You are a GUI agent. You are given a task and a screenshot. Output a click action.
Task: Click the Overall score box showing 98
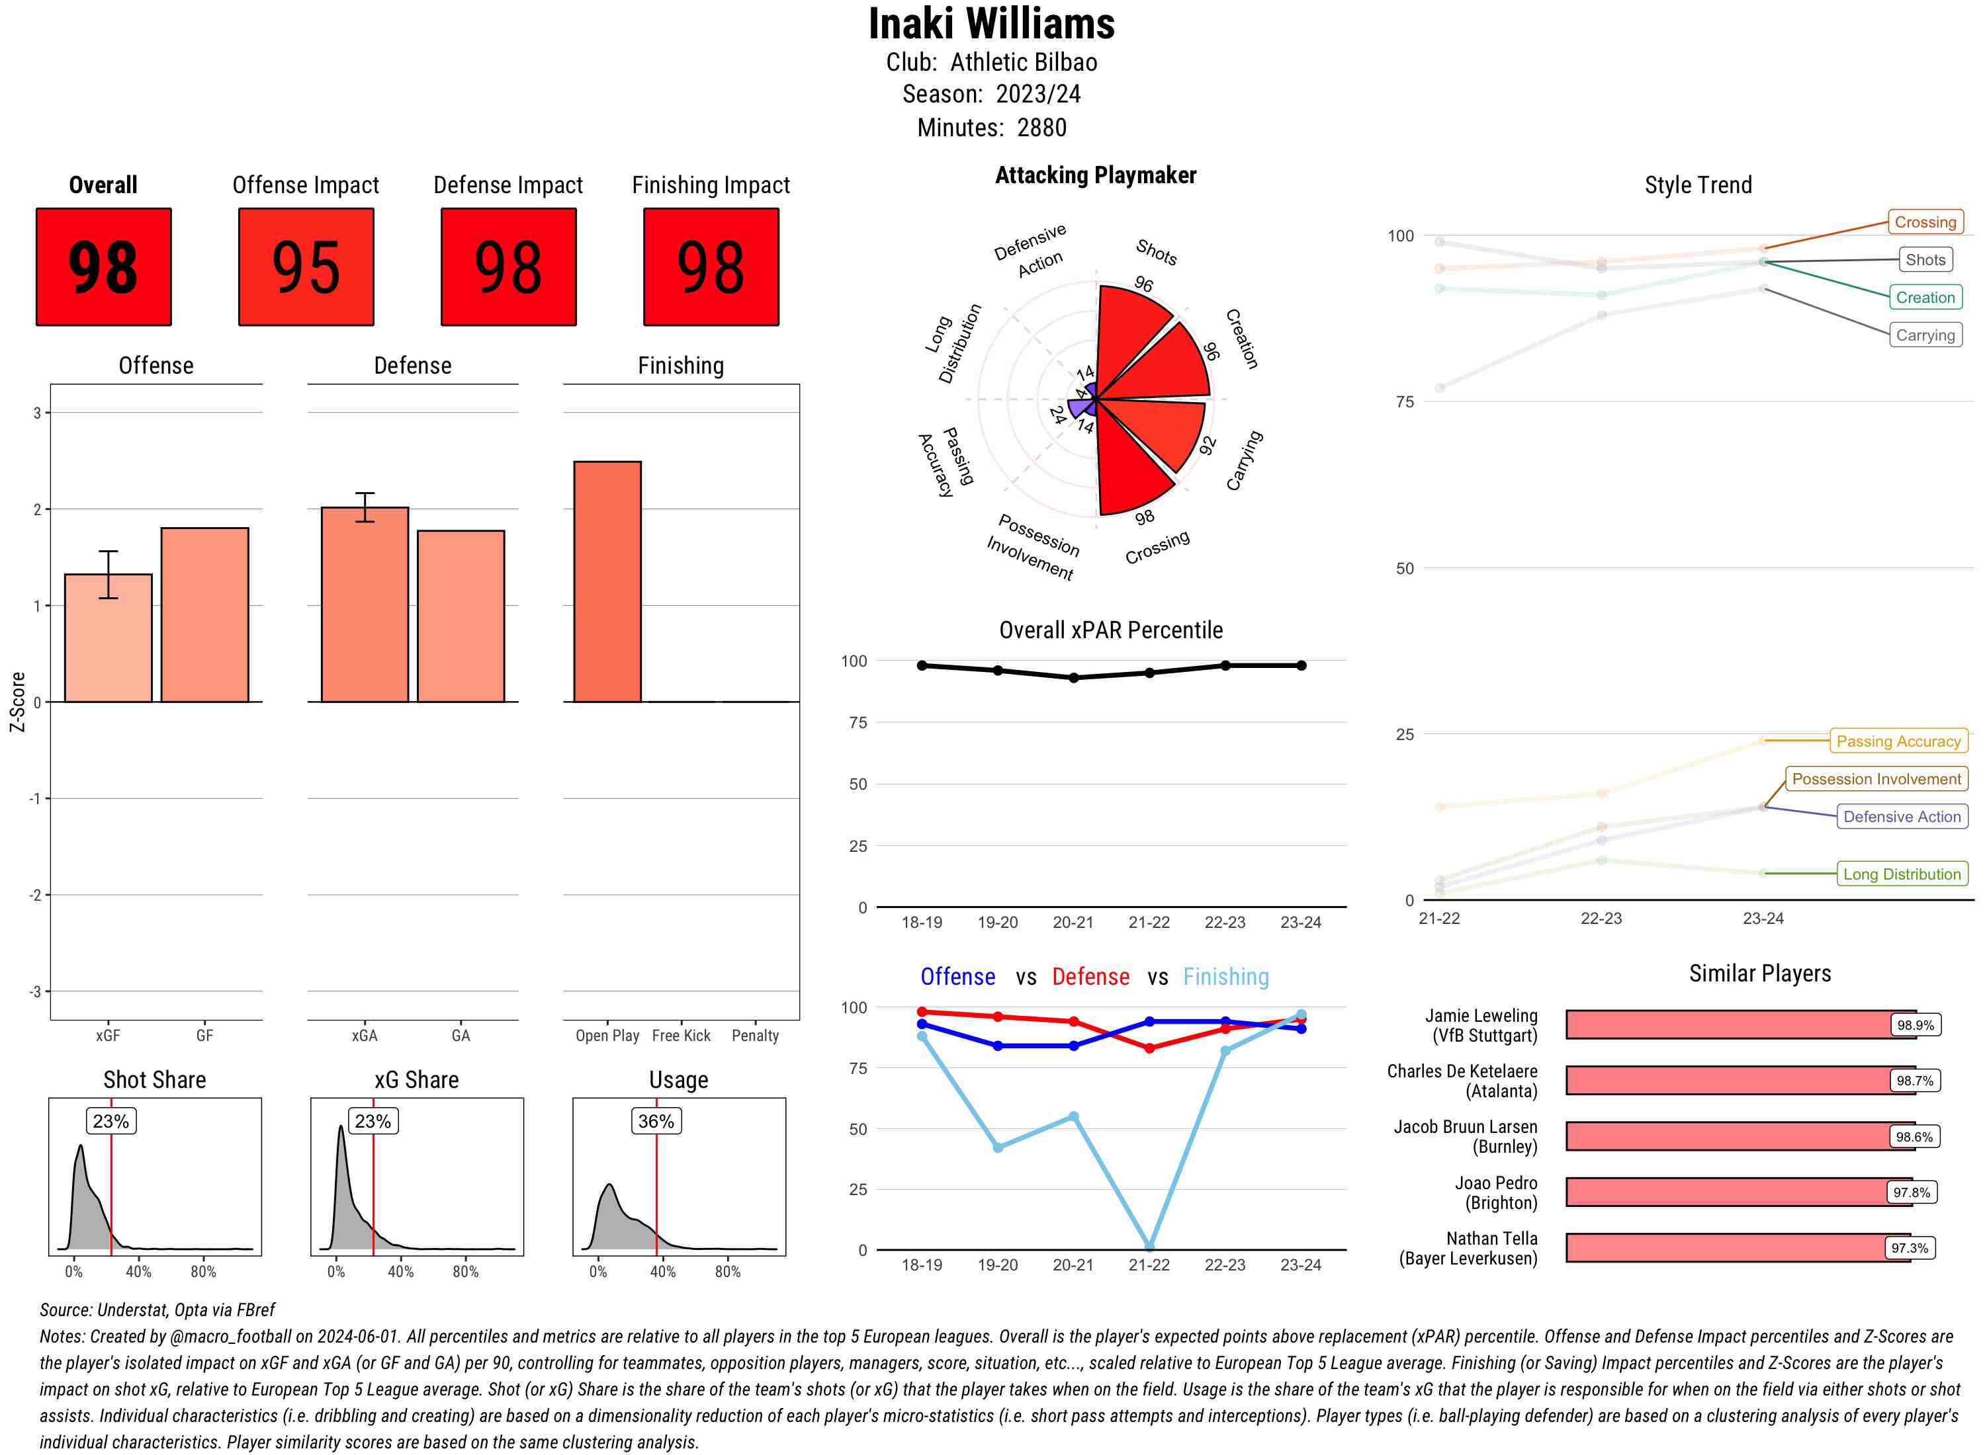click(103, 267)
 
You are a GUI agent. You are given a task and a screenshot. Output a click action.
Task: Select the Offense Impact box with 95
click(306, 267)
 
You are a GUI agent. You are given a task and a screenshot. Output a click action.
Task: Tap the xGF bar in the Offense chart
click(109, 638)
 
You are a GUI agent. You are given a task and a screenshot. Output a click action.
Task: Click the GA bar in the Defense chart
click(461, 616)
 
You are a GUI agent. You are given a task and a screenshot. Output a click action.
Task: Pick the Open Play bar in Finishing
click(607, 581)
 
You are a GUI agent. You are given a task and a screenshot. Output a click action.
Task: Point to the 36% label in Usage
click(656, 1121)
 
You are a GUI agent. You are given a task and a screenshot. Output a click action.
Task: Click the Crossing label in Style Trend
click(1924, 222)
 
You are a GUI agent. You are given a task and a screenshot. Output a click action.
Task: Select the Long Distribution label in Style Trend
click(1902, 874)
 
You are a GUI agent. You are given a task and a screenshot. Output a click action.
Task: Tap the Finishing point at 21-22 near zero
click(1149, 1246)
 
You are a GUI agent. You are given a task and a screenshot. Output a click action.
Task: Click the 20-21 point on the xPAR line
click(1073, 678)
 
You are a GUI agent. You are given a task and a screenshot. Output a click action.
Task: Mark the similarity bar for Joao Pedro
click(1727, 1192)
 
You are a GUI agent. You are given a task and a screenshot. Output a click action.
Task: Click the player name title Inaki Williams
click(991, 24)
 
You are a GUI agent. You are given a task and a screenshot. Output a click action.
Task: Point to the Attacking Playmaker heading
click(1095, 175)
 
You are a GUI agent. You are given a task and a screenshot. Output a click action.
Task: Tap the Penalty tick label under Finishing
click(755, 1036)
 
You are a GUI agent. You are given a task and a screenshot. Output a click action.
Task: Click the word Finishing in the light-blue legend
click(1225, 977)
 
